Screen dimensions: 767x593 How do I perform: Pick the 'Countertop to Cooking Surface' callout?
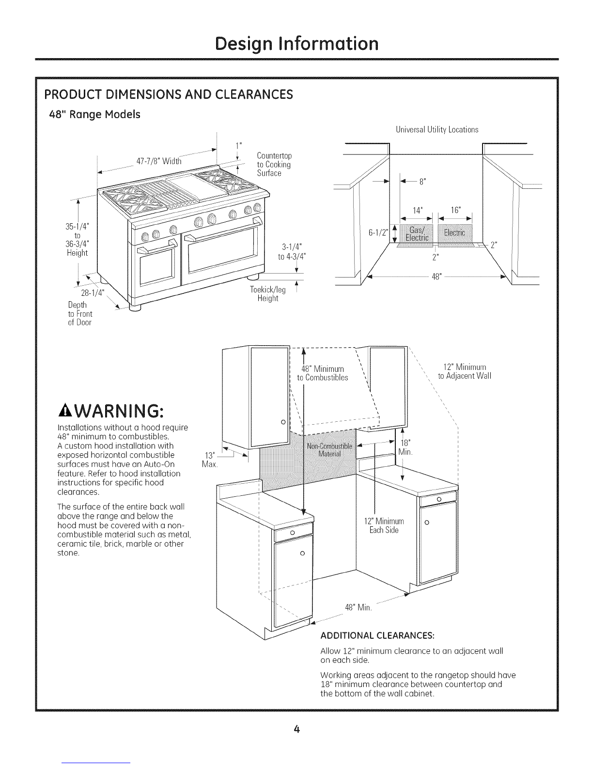tap(274, 164)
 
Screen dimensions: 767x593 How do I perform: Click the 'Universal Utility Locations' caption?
tap(437, 129)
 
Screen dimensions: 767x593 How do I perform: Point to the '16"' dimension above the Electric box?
tap(455, 210)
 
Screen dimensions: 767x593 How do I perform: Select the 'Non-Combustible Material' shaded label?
tap(329, 449)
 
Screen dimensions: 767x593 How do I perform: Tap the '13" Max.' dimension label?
tap(209, 460)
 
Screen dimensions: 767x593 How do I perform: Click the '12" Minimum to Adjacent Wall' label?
tap(464, 371)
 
